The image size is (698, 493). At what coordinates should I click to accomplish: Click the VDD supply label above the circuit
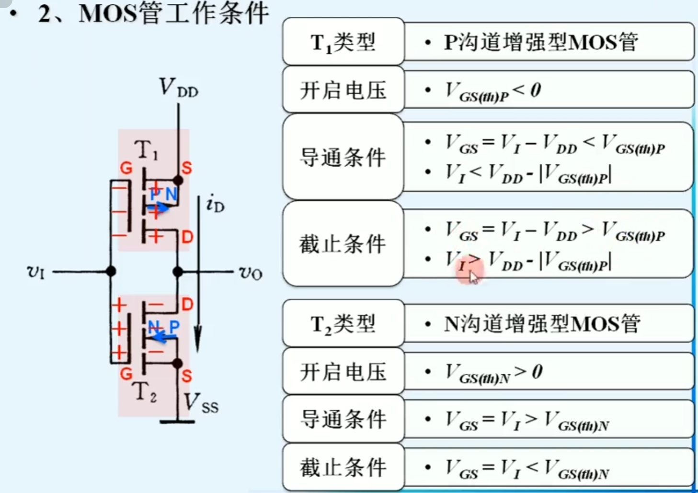178,88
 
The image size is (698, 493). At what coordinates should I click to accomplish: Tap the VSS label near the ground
201,403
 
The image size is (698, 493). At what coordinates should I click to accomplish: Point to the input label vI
36,272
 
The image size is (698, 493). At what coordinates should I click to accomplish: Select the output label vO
251,273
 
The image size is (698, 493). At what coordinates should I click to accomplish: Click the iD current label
215,204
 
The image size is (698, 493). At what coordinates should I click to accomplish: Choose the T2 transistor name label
145,391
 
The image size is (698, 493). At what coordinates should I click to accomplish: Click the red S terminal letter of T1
187,168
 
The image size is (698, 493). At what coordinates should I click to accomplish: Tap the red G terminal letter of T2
126,373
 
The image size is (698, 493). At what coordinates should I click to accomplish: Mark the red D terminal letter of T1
187,237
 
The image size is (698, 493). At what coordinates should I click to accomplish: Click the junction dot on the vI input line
111,272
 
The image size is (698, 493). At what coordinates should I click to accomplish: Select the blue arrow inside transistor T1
159,208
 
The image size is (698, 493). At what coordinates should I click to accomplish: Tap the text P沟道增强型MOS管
541,42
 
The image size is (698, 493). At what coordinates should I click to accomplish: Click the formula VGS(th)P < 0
493,91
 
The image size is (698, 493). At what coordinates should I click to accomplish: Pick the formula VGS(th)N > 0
493,373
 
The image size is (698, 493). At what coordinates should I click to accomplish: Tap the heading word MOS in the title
107,13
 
